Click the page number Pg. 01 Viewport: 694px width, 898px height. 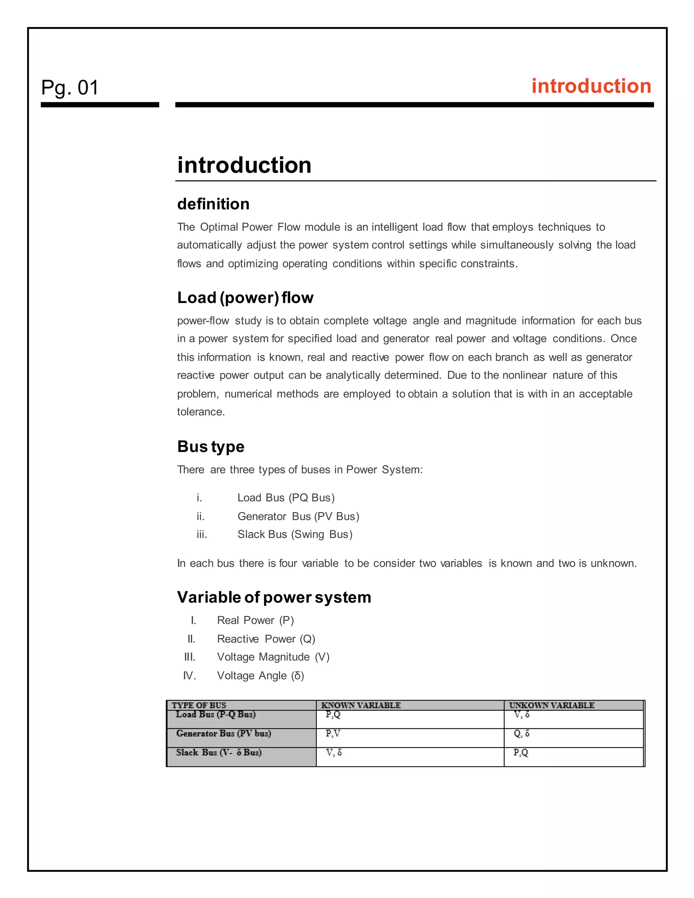click(x=70, y=87)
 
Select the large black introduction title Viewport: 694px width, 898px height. click(x=244, y=165)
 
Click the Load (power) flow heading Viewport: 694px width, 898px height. click(x=245, y=298)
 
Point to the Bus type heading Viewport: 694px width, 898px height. click(x=210, y=447)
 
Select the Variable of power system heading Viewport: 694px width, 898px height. click(x=274, y=597)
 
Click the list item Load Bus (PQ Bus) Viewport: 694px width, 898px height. click(x=286, y=497)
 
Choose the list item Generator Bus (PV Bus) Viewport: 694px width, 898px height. click(x=298, y=516)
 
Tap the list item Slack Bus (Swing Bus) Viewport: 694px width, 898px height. click(x=295, y=534)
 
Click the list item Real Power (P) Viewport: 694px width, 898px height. click(x=255, y=620)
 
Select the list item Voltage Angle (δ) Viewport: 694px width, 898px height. click(x=260, y=676)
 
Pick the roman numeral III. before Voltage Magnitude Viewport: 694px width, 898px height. click(x=189, y=657)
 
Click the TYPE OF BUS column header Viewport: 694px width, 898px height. click(x=199, y=705)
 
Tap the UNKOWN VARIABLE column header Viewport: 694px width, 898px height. click(x=551, y=705)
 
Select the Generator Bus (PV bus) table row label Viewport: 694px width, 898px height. click(x=223, y=734)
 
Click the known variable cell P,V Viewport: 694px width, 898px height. click(x=333, y=734)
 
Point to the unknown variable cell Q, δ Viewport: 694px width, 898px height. click(x=521, y=734)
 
